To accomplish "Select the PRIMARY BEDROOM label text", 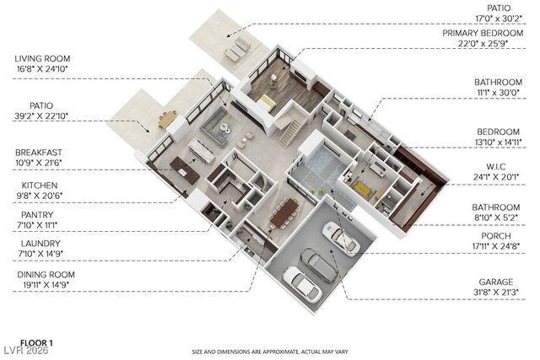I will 484,33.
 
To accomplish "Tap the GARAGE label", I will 496,280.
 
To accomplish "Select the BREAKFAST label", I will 40,150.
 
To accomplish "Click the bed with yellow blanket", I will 363,187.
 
